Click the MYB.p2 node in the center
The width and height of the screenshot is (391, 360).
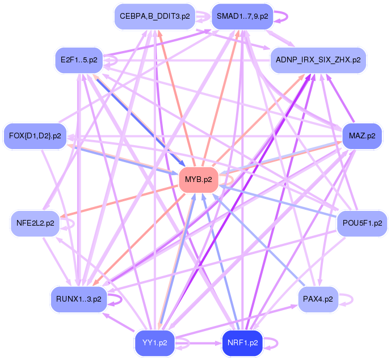tap(199, 180)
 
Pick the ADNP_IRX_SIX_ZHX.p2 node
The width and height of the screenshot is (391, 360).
tap(318, 59)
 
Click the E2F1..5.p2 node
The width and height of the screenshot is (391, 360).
tap(79, 59)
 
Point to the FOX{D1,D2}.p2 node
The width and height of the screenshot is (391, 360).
tap(35, 135)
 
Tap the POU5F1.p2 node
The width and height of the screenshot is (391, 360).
tap(361, 223)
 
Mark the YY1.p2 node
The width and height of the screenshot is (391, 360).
tap(154, 343)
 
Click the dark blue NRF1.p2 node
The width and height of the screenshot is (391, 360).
tap(242, 343)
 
